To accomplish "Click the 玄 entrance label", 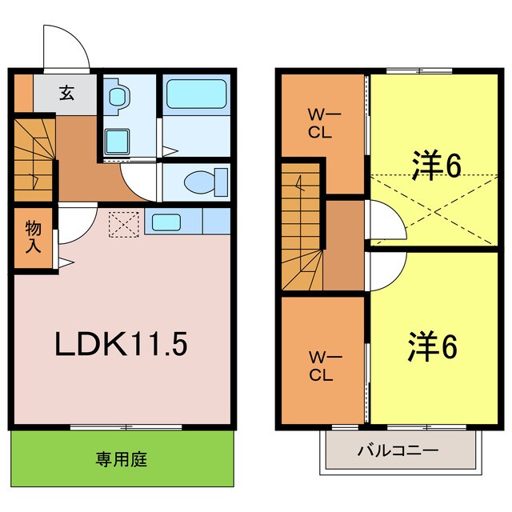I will coord(66,93).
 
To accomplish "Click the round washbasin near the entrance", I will coord(119,97).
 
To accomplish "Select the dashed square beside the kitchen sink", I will coord(124,224).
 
